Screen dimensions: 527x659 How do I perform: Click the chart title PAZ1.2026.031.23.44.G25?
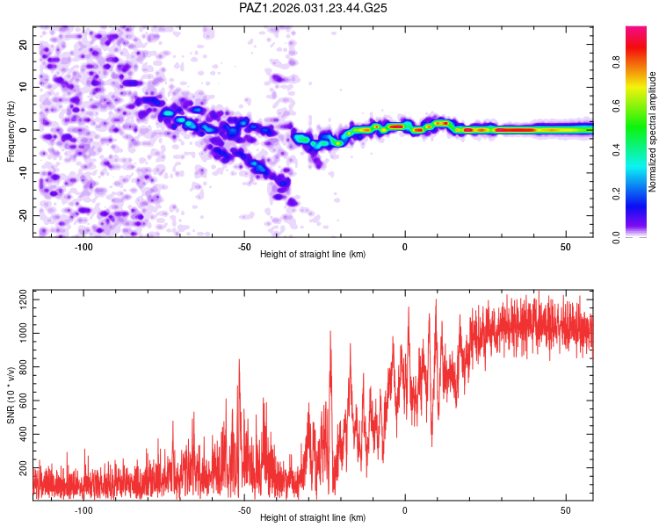tap(314, 8)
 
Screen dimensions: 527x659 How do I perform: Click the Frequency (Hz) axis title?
tap(11, 131)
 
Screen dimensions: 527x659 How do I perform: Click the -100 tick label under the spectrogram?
tap(83, 247)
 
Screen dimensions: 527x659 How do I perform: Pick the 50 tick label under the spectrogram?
tap(566, 247)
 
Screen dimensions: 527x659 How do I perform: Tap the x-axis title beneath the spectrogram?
tap(313, 255)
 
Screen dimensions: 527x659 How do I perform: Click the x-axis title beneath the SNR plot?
tap(313, 518)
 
